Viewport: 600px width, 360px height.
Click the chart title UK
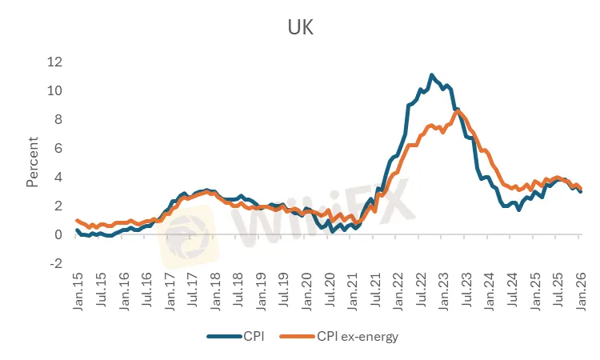coord(300,28)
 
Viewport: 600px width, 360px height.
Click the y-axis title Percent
coord(33,162)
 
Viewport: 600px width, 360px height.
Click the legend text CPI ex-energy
coord(357,336)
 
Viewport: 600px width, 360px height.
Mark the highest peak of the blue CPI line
coord(432,75)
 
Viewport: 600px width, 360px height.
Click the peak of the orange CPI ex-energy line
coord(457,111)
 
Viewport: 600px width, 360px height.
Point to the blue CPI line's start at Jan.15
coord(78,230)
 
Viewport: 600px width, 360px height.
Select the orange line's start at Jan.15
coord(78,220)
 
